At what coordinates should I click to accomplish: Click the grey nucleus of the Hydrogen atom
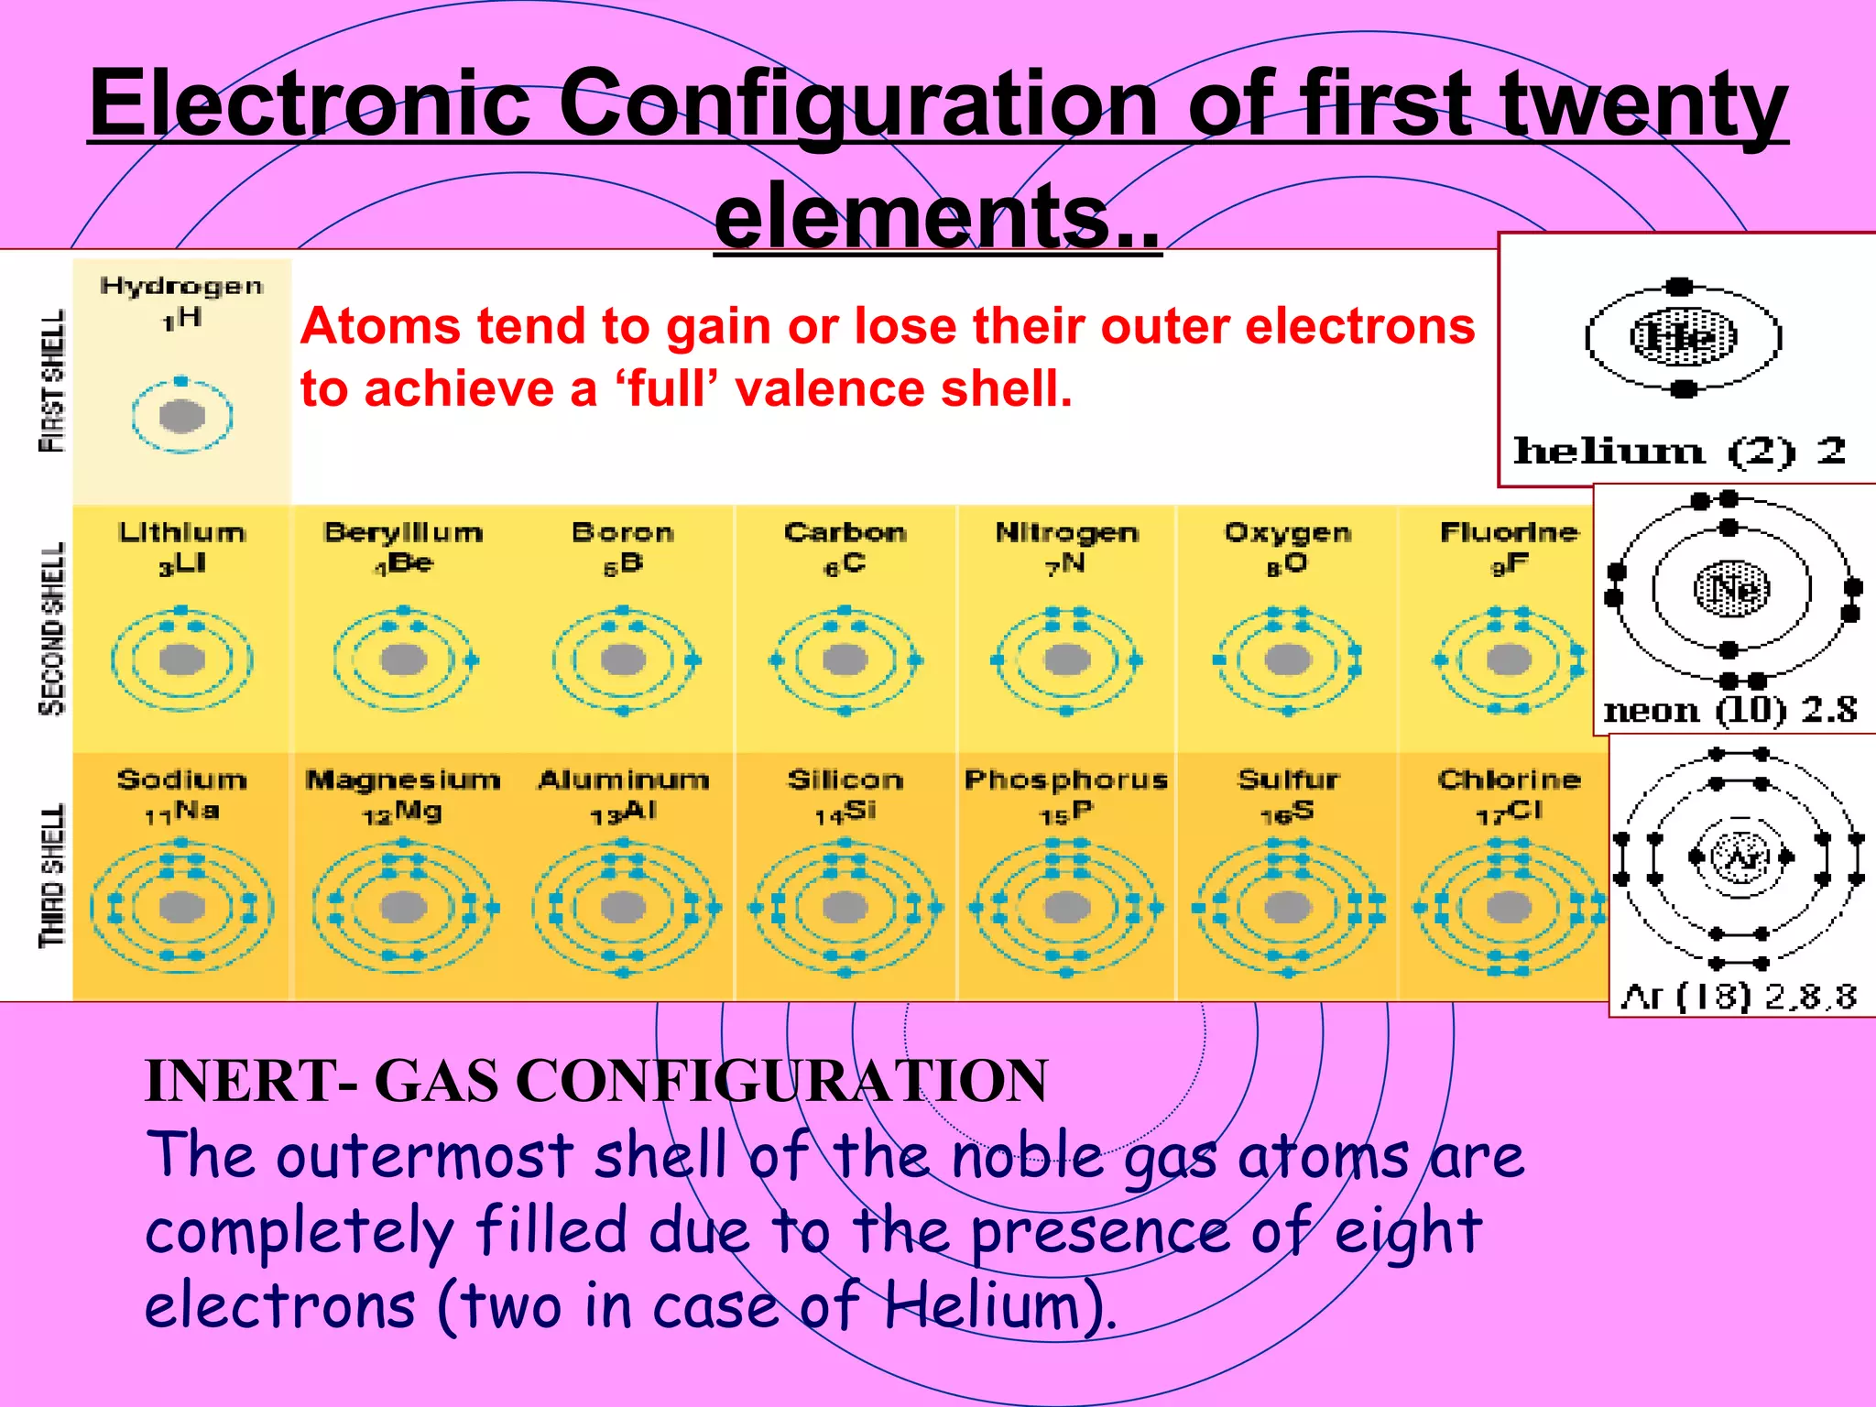(181, 417)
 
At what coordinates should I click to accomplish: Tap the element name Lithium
(181, 532)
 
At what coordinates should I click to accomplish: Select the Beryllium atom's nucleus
(403, 660)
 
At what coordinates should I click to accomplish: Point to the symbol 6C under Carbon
(844, 564)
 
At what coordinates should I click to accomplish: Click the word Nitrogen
(1066, 532)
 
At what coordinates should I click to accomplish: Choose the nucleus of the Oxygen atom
(1287, 660)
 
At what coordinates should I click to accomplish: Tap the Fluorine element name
(1509, 532)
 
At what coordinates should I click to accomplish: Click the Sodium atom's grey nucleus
(181, 907)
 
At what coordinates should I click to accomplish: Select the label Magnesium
(403, 780)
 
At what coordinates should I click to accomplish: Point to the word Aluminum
(623, 780)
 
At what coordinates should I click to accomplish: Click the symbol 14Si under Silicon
(845, 812)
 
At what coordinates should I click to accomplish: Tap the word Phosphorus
(1066, 780)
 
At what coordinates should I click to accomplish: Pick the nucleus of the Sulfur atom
(1287, 907)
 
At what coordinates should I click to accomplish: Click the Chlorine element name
(1509, 780)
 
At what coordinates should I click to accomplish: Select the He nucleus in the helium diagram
(1683, 337)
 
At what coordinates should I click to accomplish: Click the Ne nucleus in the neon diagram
(1731, 588)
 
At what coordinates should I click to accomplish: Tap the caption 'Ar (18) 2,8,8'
(1738, 996)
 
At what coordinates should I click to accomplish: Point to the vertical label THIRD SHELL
(52, 875)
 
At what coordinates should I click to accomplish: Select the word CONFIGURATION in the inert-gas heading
(782, 1081)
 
